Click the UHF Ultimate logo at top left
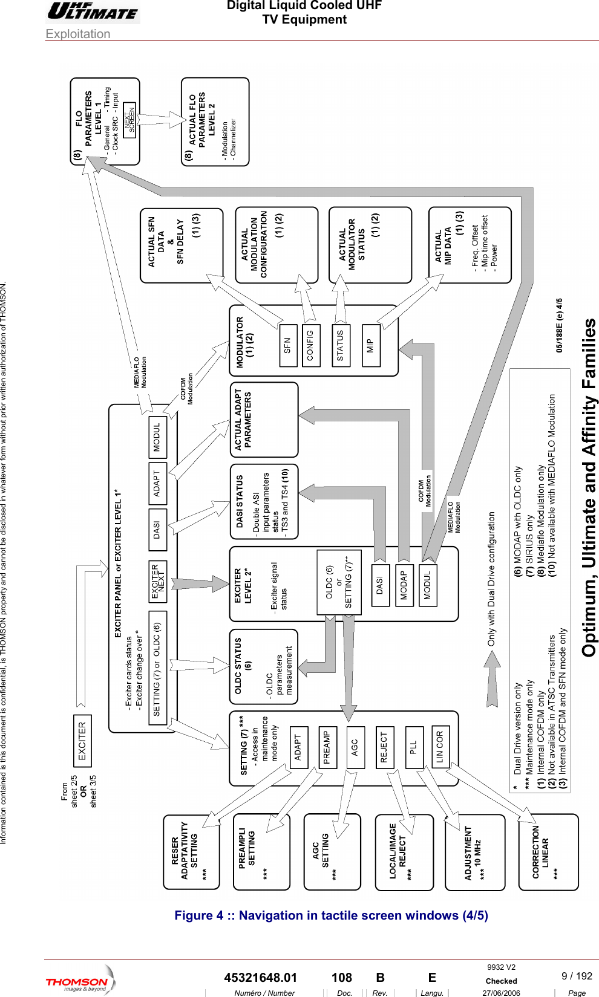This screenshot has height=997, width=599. tap(93, 11)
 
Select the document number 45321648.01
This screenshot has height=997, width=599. tap(261, 978)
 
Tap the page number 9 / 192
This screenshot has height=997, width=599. tap(577, 976)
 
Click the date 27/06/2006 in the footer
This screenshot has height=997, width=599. tap(501, 993)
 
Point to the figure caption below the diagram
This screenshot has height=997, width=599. tap(331, 915)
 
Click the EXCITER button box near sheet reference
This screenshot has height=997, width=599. tap(82, 740)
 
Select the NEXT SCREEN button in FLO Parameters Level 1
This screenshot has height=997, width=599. tap(129, 118)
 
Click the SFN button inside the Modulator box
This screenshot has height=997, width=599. tap(287, 345)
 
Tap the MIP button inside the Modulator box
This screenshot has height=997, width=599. tap(371, 345)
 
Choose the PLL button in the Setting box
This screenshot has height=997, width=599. tap(414, 747)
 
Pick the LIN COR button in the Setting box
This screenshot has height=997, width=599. tap(440, 747)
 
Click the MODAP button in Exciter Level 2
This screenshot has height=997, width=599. tap(404, 585)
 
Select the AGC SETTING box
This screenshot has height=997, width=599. tap(332, 851)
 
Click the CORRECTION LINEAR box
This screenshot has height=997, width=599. tap(548, 851)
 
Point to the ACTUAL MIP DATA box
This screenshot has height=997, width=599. tap(470, 245)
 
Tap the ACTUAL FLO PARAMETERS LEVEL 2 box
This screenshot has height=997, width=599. tap(215, 121)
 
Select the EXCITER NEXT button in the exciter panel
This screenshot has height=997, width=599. tap(158, 582)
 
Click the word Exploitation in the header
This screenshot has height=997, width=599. tap(78, 34)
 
